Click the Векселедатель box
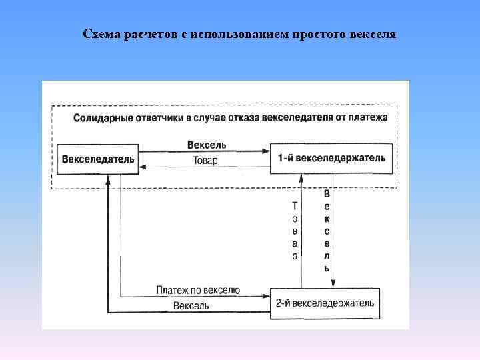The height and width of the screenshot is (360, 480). click(98, 159)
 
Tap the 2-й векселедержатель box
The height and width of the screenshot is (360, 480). click(325, 303)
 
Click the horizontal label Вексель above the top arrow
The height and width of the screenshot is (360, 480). click(207, 145)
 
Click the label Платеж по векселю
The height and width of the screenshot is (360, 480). click(198, 291)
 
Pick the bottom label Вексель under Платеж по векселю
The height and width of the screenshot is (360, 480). click(191, 306)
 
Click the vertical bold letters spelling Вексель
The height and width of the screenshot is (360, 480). click(327, 231)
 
